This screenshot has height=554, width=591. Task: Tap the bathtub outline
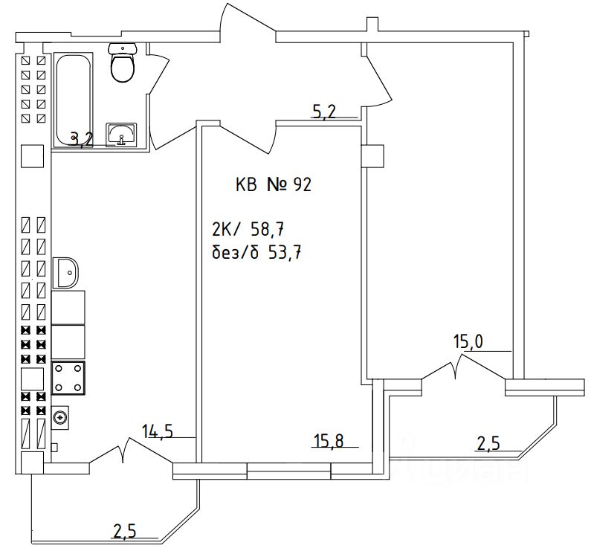click(73, 98)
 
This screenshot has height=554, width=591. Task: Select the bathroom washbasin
click(121, 135)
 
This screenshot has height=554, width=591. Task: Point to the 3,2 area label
click(82, 138)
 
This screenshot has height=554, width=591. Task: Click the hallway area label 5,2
click(324, 112)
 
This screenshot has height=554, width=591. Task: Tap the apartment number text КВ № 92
click(273, 185)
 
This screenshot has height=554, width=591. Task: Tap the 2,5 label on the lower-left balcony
click(125, 531)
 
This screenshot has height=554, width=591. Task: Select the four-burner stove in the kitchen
click(68, 377)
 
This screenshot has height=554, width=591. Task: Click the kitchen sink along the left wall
click(67, 272)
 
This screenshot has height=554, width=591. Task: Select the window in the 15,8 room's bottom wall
click(288, 469)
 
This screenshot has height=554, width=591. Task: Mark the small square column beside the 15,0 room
click(372, 156)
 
